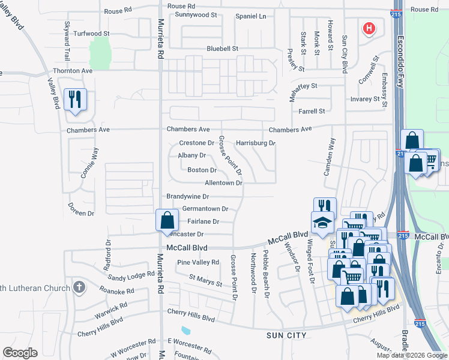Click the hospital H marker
(x=369, y=28)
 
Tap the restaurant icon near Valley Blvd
(x=75, y=99)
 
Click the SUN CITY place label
(x=286, y=335)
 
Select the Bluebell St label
(x=223, y=48)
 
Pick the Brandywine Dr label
(x=187, y=196)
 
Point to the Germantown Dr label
(x=205, y=209)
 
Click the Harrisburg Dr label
(x=255, y=143)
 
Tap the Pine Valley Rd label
(x=198, y=262)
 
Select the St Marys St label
(x=206, y=278)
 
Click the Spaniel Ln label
(x=250, y=16)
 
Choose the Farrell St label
(x=312, y=111)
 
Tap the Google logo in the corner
(x=20, y=352)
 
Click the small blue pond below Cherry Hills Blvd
(x=185, y=330)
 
